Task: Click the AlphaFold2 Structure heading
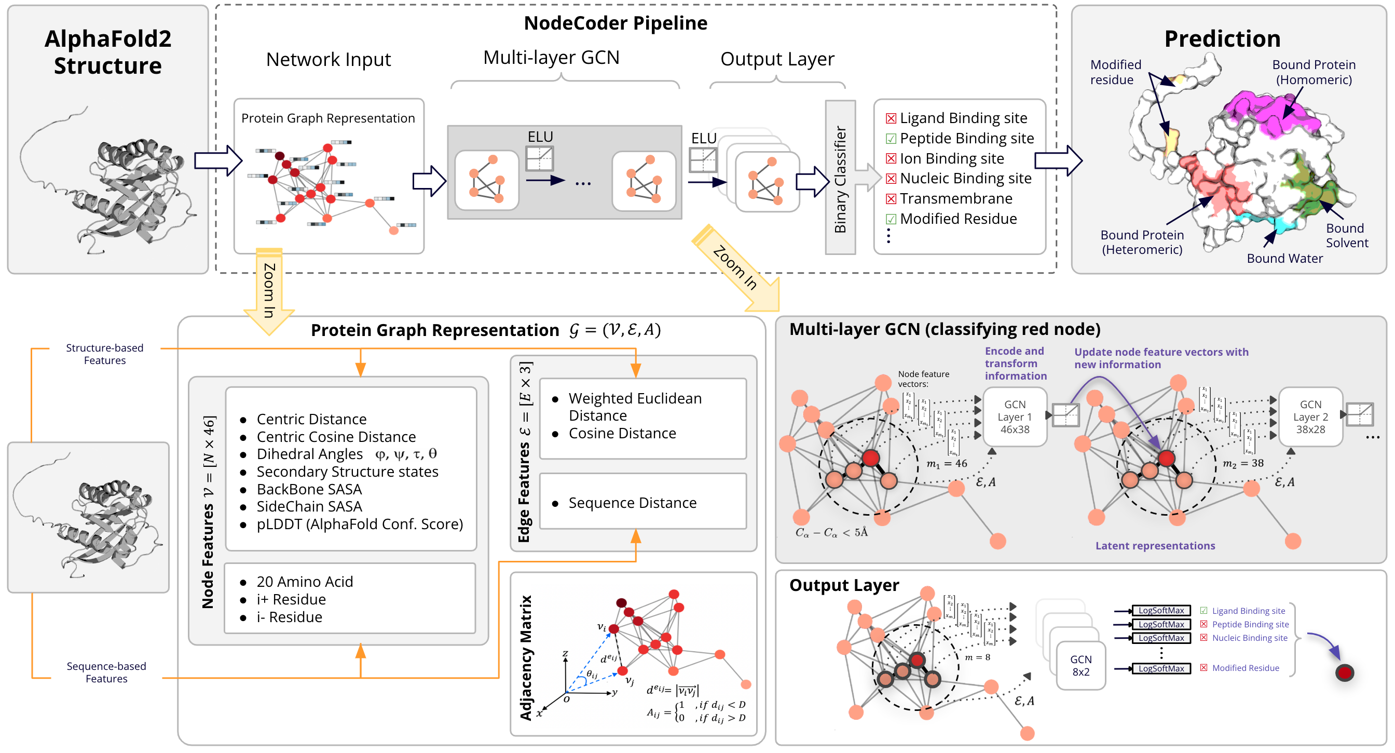(108, 52)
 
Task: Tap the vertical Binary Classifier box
(839, 177)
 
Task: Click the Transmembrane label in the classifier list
(955, 199)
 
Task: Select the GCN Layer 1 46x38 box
(1014, 416)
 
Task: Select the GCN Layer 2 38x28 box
(1310, 416)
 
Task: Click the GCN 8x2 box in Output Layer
(1081, 665)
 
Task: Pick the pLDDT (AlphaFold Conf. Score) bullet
(359, 524)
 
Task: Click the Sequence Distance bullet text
(632, 503)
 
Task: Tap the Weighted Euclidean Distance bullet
(634, 406)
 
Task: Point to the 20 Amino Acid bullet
(304, 581)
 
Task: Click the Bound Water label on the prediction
(1284, 259)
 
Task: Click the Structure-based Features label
(104, 354)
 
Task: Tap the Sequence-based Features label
(106, 672)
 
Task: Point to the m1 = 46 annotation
(946, 464)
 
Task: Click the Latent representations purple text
(1155, 545)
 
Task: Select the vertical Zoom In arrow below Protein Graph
(269, 290)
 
